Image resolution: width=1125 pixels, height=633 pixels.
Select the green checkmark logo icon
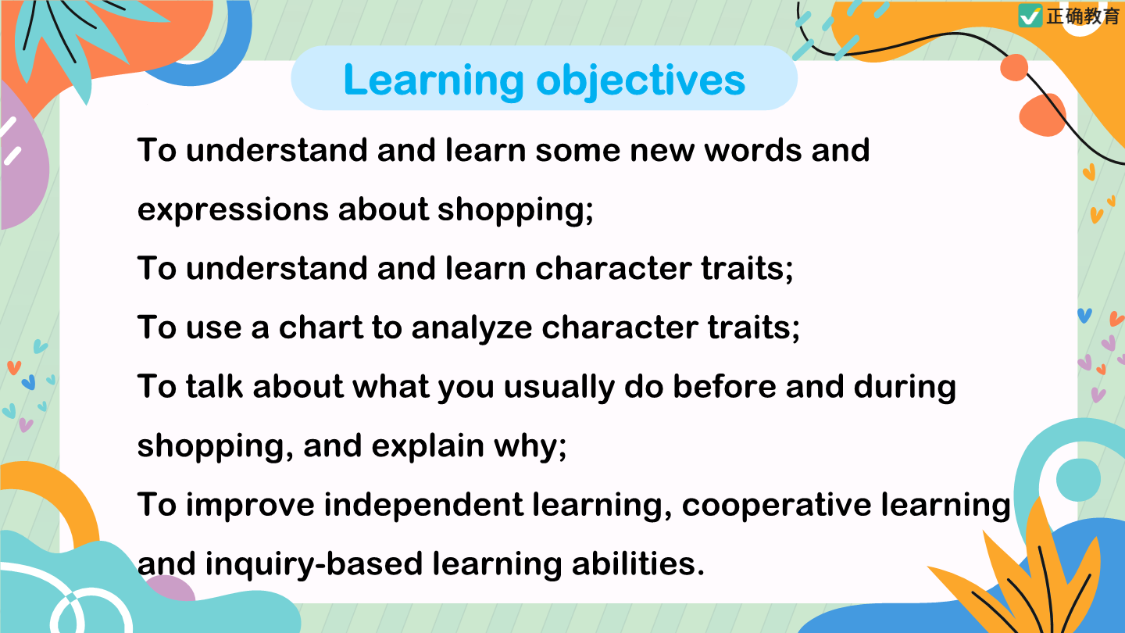(1030, 16)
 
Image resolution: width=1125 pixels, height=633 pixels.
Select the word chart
(321, 327)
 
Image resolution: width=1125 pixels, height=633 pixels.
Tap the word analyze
(472, 328)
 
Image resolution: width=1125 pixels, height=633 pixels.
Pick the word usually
(559, 388)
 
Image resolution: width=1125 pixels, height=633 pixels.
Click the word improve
(250, 505)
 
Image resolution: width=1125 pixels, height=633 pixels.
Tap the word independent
(423, 505)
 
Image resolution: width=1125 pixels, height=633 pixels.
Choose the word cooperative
(777, 505)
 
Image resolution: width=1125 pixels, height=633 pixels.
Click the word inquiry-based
(314, 564)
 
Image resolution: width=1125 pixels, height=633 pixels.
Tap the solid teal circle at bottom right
(1078, 480)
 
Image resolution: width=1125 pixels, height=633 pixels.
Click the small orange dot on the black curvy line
(1014, 67)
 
